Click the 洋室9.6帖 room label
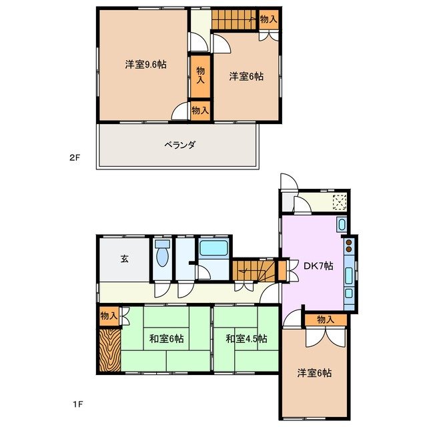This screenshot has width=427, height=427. [145, 65]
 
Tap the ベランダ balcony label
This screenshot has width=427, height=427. [179, 145]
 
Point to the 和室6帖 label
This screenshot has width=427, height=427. [165, 339]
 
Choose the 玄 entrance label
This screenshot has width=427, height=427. [124, 260]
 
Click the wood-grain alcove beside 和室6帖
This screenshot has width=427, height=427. [109, 348]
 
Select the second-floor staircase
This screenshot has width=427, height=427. [234, 20]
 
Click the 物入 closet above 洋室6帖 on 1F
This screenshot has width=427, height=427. [325, 320]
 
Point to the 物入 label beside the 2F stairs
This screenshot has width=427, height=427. [268, 19]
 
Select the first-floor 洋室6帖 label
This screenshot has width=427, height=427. [314, 374]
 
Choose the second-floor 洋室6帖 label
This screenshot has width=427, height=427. [246, 77]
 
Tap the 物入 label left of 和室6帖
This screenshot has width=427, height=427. [109, 316]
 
